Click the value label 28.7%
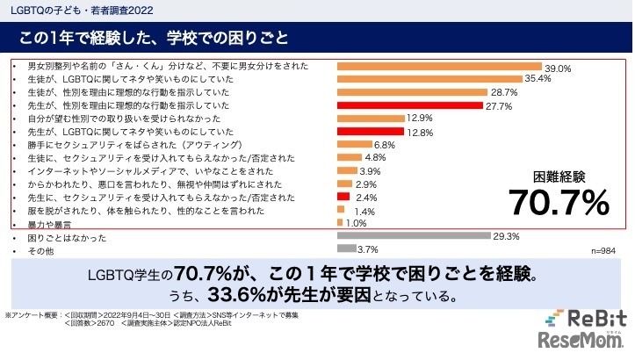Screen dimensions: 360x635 [x=504, y=92]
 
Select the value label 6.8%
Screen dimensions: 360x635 [x=385, y=145]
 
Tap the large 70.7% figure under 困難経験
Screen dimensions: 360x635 [x=559, y=203]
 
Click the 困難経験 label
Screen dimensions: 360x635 [x=559, y=176]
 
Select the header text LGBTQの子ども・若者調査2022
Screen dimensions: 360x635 [x=78, y=9]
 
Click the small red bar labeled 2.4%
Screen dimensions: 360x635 [x=344, y=197]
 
